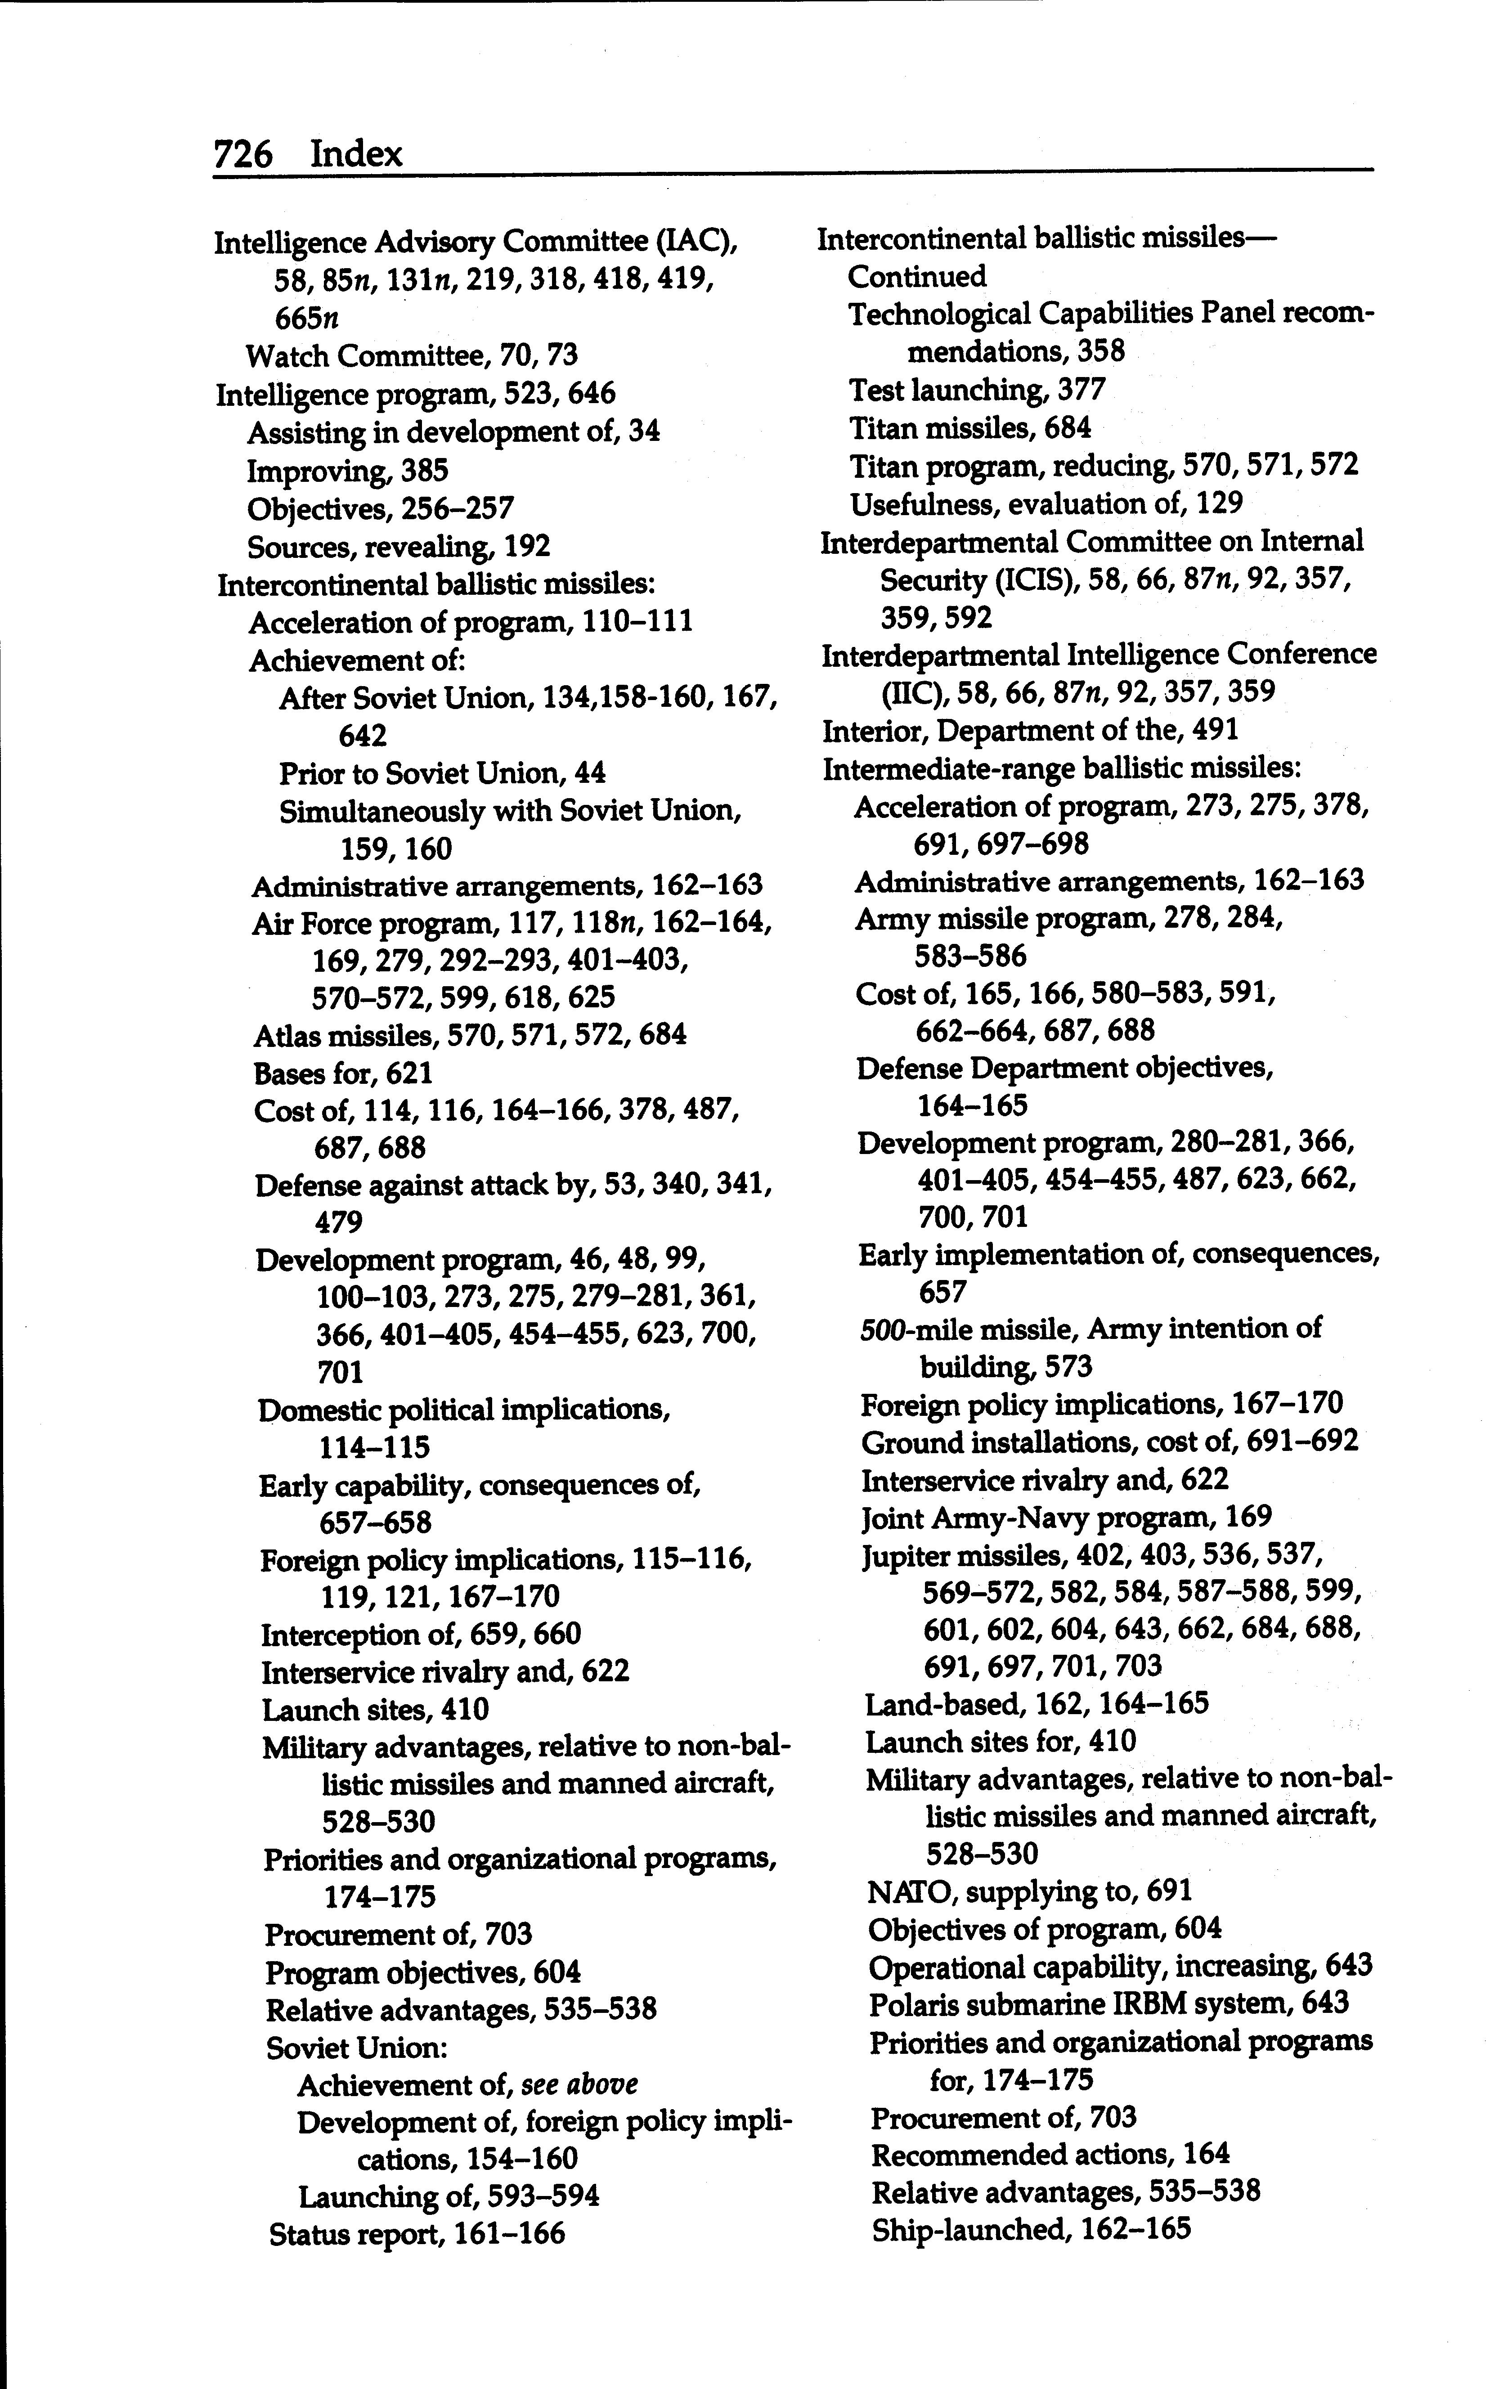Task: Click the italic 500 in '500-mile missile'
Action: point(875,1329)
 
